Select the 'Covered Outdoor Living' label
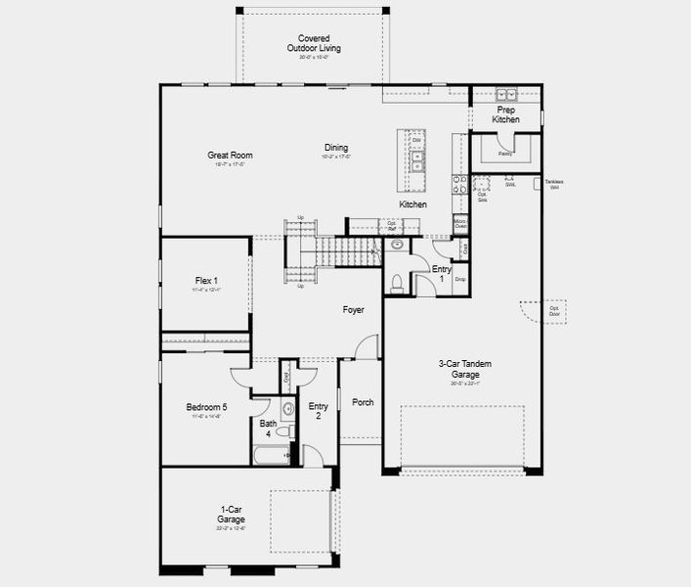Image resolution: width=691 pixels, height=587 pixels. coord(314,46)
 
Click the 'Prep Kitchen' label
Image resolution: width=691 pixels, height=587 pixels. coord(506,114)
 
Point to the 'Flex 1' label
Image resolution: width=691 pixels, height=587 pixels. coord(206,284)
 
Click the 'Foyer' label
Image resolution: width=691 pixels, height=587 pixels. coord(353,310)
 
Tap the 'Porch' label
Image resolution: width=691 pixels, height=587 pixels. coord(363,402)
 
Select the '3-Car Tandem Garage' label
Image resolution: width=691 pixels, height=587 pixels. coord(464,369)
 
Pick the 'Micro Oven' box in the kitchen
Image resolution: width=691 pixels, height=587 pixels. coord(460,224)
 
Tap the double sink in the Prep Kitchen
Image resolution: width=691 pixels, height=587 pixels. coord(506,95)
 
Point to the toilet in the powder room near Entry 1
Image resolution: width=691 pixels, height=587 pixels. coord(397,284)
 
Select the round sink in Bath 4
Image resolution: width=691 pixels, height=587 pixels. coord(288,409)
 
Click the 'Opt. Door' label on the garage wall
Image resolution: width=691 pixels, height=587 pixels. coord(554,310)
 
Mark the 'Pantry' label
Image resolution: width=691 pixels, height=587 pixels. coord(505,154)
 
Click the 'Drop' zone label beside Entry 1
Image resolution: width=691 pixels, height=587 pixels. coord(459,280)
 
